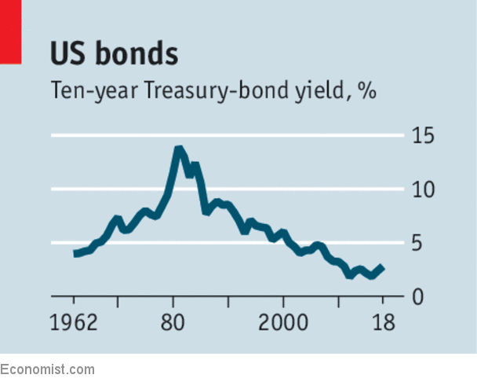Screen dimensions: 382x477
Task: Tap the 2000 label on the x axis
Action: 282,324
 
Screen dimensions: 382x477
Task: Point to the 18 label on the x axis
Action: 384,324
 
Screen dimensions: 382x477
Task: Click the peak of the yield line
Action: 179,149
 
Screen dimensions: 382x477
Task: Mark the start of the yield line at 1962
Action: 75,254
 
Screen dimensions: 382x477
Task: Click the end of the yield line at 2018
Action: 383,267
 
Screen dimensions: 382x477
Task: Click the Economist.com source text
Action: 47,369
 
